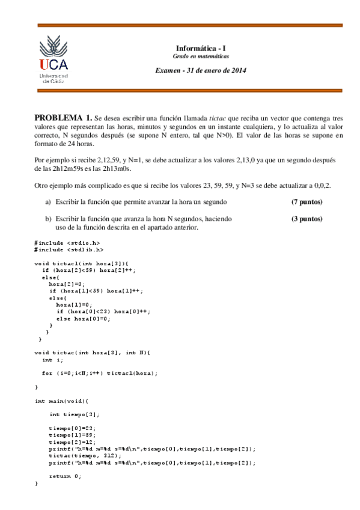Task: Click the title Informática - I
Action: (201, 48)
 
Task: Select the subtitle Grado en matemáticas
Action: (201, 56)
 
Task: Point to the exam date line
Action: (201, 70)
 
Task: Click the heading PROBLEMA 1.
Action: (63, 118)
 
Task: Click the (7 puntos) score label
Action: (307, 201)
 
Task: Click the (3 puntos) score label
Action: (307, 219)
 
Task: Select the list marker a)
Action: (48, 201)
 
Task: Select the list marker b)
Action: (48, 219)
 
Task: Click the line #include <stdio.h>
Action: (67, 242)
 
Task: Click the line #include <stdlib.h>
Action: (69, 249)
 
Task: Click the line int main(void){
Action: (62, 401)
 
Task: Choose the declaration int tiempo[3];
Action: (74, 414)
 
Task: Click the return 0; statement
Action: (65, 476)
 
